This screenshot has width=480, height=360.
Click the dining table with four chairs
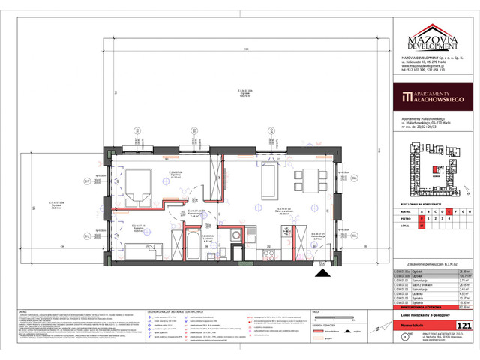(305, 178)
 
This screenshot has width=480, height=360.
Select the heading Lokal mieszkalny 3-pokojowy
(428, 316)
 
